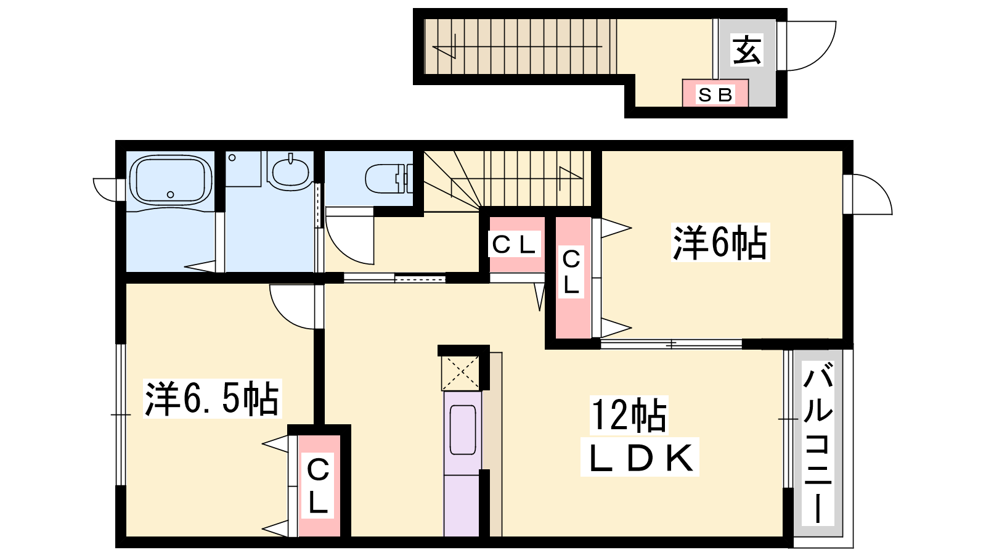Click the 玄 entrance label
coord(746,50)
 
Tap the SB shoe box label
coord(715,95)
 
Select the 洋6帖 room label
coord(720,242)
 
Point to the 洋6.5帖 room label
coord(212,398)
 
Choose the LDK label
coord(640,458)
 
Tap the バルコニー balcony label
coord(818,443)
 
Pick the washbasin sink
coord(290,171)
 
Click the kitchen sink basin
coord(463,430)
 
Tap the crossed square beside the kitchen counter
coord(460,373)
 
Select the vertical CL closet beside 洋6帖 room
coord(572,277)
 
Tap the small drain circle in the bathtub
coord(170,195)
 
